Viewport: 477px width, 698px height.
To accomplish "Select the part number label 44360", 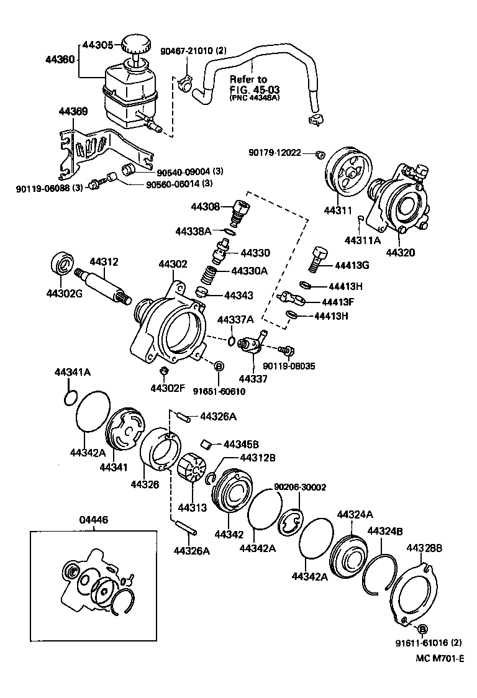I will tap(60, 60).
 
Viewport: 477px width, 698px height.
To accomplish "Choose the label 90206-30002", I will tap(300, 487).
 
